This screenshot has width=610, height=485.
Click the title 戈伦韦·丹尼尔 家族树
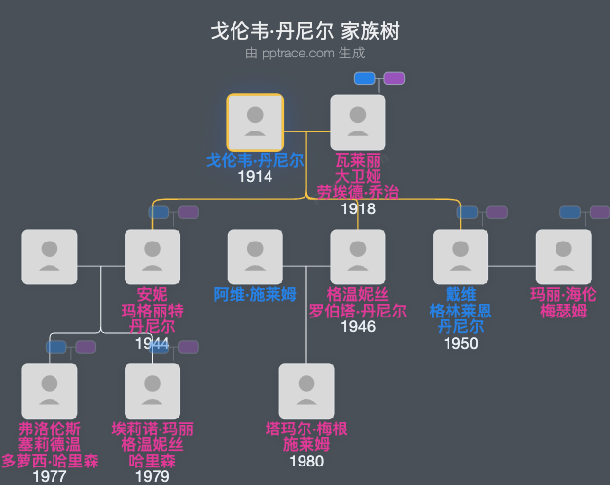click(x=305, y=31)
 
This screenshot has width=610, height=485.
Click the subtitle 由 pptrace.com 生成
click(x=305, y=54)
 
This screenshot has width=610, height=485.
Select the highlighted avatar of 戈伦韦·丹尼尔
click(x=255, y=123)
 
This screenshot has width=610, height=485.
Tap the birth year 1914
click(x=255, y=176)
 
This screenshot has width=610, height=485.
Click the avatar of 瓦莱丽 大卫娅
click(x=358, y=123)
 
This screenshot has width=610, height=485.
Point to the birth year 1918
click(x=358, y=208)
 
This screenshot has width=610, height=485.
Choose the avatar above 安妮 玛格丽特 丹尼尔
click(x=152, y=257)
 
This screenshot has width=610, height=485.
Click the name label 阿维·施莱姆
click(x=255, y=295)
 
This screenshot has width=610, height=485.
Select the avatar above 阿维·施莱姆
click(x=255, y=257)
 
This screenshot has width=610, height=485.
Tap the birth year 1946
click(x=358, y=327)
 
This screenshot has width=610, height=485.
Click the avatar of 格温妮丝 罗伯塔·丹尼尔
click(x=358, y=257)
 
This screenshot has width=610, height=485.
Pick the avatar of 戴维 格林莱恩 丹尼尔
click(x=460, y=257)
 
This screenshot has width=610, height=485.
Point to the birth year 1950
click(x=460, y=343)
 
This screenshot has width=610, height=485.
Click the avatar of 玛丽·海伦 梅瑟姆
click(x=563, y=257)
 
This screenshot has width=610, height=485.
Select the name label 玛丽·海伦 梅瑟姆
click(x=563, y=303)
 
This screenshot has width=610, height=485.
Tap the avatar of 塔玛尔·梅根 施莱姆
click(x=306, y=391)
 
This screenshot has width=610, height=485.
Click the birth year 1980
click(x=306, y=461)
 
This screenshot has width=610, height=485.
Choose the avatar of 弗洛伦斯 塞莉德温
click(x=50, y=391)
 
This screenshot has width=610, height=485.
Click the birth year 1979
click(x=152, y=476)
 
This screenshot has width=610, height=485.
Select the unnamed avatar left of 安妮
click(x=50, y=257)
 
